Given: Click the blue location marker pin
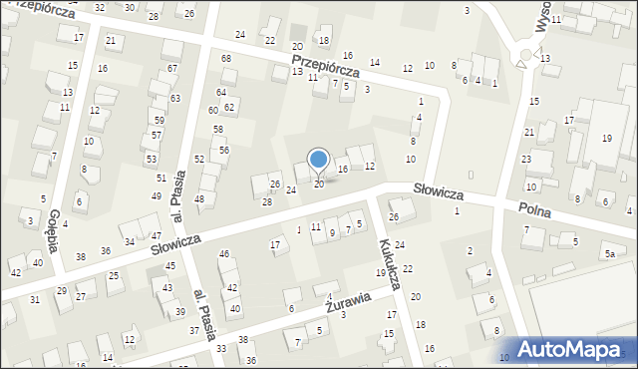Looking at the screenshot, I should pos(319,160).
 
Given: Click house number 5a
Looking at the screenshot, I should pos(608,255).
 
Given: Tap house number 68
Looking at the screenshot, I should pos(226,59).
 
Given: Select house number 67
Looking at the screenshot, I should pos(172,69).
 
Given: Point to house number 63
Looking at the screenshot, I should pos(174,98).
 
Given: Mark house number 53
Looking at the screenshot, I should pos(151,159).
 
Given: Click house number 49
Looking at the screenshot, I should pos(156,196).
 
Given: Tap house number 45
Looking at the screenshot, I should pos(170,265).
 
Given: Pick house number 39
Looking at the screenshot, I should pos(180,312).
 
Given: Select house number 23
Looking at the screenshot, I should pos(525,159).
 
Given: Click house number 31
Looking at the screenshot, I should pos(35,299).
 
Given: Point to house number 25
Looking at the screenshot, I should pos(114,275).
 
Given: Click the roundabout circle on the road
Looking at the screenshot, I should pos(520,57).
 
